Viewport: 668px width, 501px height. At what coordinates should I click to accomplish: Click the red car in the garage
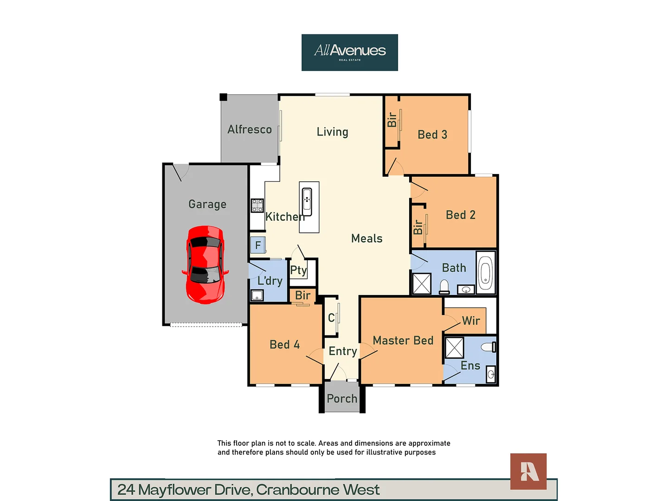[x=206, y=264]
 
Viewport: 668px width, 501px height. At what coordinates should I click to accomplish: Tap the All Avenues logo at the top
[x=349, y=52]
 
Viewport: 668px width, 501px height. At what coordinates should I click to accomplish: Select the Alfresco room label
[x=250, y=129]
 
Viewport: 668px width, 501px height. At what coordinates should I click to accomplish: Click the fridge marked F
[x=258, y=245]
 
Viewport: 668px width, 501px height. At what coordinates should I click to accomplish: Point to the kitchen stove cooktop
[x=257, y=205]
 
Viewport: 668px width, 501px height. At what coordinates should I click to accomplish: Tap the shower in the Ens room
[x=454, y=347]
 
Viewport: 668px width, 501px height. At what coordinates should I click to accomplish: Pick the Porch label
[x=342, y=398]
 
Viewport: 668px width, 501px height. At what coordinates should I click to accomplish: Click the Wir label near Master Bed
[x=471, y=321]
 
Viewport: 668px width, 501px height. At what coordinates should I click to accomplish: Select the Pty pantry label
[x=298, y=270]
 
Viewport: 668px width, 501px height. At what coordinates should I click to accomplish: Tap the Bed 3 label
[x=432, y=135]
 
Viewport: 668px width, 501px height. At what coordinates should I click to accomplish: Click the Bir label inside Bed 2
[x=418, y=227]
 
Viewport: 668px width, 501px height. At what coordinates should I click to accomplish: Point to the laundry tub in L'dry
[x=257, y=295]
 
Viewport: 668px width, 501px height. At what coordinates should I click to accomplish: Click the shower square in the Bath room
[x=422, y=283]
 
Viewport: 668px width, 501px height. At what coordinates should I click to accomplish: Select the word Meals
[x=366, y=238]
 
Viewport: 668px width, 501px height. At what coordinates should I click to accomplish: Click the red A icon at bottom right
[x=528, y=471]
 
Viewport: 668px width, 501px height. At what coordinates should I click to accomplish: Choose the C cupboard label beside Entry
[x=331, y=318]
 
